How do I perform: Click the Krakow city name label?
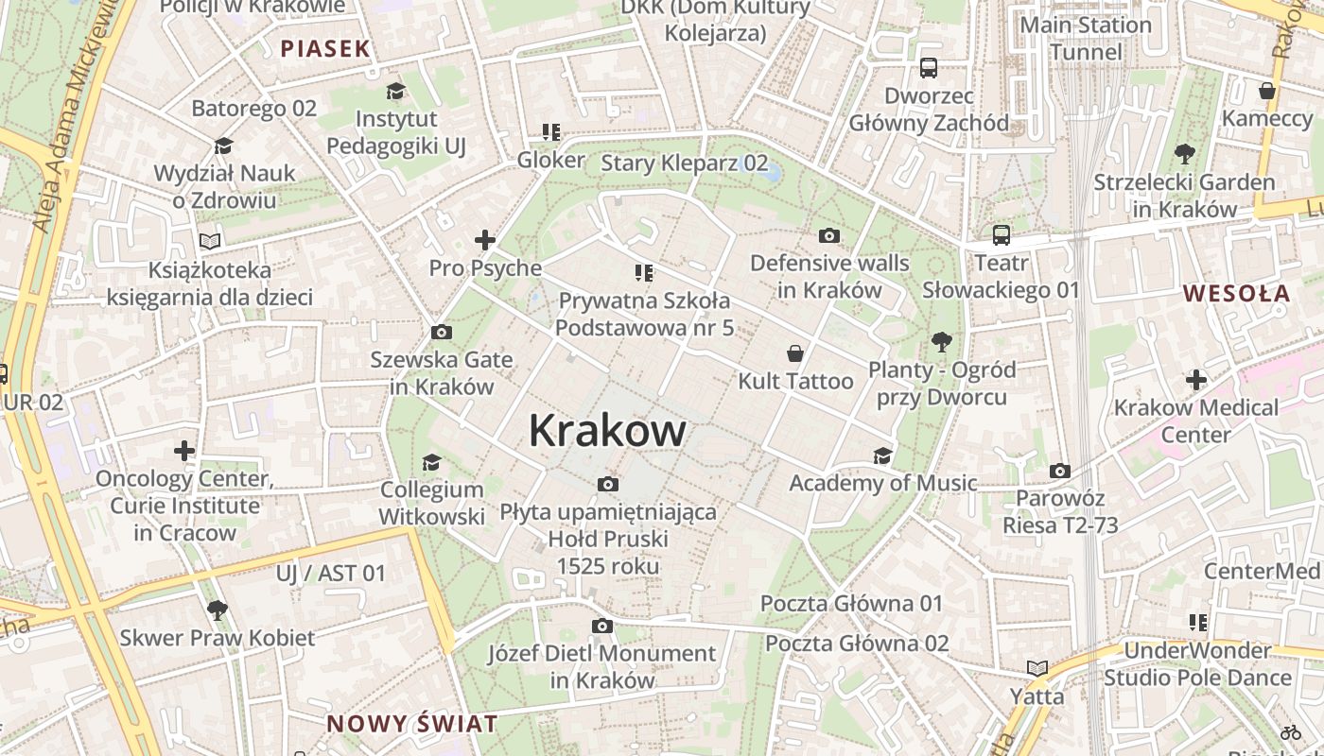tap(607, 431)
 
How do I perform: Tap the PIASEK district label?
tap(324, 49)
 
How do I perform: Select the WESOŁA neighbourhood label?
tap(1237, 293)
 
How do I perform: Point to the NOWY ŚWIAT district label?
tap(411, 725)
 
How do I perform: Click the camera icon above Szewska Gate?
tap(441, 333)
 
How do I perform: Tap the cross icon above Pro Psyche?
tap(485, 240)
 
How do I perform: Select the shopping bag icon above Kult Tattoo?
tap(795, 353)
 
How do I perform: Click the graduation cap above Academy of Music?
tap(882, 455)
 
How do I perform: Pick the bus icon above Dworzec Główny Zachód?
tap(929, 68)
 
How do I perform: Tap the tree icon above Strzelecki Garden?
tap(1184, 154)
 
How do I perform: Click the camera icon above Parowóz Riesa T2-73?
tap(1060, 471)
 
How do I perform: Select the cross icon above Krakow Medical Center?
tap(1196, 380)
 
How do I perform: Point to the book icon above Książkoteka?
tap(210, 242)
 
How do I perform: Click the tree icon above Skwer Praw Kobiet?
tap(218, 610)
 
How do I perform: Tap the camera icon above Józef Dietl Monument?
tap(601, 626)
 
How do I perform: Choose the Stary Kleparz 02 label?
tap(685, 163)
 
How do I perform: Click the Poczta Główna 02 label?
tap(856, 644)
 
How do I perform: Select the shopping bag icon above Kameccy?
tap(1267, 91)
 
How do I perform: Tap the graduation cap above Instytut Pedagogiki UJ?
tap(395, 91)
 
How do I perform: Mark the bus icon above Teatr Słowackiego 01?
tap(1001, 234)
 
